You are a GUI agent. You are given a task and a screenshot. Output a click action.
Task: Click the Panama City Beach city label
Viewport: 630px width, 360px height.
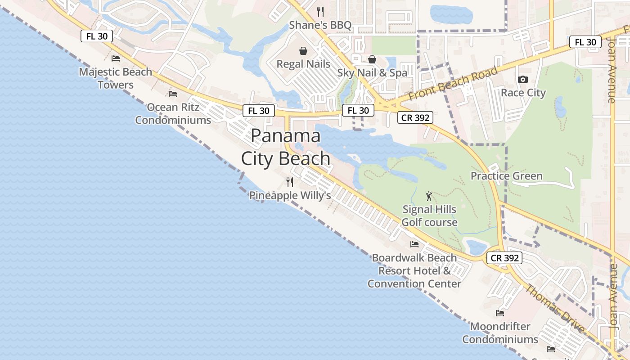point(286,147)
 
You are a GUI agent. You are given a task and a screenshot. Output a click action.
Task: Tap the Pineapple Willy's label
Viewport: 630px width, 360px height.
point(290,195)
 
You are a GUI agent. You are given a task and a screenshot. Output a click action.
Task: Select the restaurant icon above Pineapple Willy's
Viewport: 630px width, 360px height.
point(290,182)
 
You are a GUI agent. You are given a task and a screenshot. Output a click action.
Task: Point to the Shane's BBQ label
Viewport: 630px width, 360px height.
point(320,25)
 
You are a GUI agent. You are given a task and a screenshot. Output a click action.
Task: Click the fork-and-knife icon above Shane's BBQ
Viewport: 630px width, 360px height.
point(320,11)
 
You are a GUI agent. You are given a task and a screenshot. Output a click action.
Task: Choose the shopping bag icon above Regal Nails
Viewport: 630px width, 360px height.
point(303,50)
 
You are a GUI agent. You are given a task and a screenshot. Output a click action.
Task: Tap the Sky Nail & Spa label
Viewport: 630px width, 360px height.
point(372,72)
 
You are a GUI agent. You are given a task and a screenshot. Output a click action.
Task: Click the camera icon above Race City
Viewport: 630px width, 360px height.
point(522,79)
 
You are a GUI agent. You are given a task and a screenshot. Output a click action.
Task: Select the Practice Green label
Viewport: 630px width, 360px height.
point(506,176)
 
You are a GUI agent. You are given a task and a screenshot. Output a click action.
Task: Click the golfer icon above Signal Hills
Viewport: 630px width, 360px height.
point(429,196)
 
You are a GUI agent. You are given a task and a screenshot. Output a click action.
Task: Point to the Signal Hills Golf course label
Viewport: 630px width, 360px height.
point(429,216)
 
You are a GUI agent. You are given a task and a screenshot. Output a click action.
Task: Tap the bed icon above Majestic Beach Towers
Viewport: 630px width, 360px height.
point(116,58)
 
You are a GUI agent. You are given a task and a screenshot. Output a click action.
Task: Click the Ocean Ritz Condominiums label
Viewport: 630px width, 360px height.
point(173,114)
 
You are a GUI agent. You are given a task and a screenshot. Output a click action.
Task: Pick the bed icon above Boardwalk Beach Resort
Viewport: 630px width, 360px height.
point(414,244)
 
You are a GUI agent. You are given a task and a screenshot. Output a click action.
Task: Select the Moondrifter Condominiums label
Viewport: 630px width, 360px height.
point(500,333)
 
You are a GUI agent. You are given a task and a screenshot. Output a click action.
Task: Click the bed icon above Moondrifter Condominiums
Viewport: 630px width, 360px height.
point(500,313)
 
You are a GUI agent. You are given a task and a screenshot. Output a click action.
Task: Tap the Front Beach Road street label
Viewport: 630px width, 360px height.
point(454,84)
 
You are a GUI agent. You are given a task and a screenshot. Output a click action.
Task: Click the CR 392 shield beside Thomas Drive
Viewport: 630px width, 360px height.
point(505,258)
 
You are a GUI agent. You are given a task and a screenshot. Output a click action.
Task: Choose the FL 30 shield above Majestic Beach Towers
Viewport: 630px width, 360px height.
point(97,36)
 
